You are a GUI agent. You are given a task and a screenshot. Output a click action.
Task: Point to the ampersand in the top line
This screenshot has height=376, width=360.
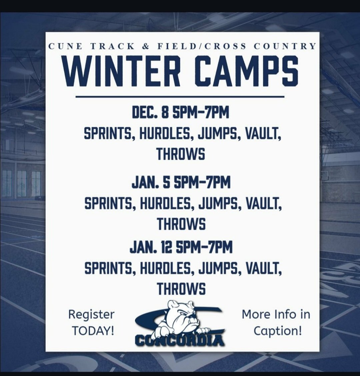[x=146, y=46]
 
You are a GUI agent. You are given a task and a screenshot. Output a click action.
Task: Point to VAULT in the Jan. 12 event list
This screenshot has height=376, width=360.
[x=263, y=268]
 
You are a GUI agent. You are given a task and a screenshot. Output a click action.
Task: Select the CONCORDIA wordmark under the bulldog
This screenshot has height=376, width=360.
[x=180, y=340]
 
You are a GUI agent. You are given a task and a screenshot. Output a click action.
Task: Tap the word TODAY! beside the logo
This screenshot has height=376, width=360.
[x=93, y=331]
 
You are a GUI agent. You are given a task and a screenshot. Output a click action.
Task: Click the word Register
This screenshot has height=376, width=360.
[x=91, y=314]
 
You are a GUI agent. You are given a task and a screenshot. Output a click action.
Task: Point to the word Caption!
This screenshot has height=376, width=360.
[x=278, y=331]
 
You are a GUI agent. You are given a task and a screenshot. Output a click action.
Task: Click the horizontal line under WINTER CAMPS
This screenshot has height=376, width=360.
[x=180, y=97]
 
